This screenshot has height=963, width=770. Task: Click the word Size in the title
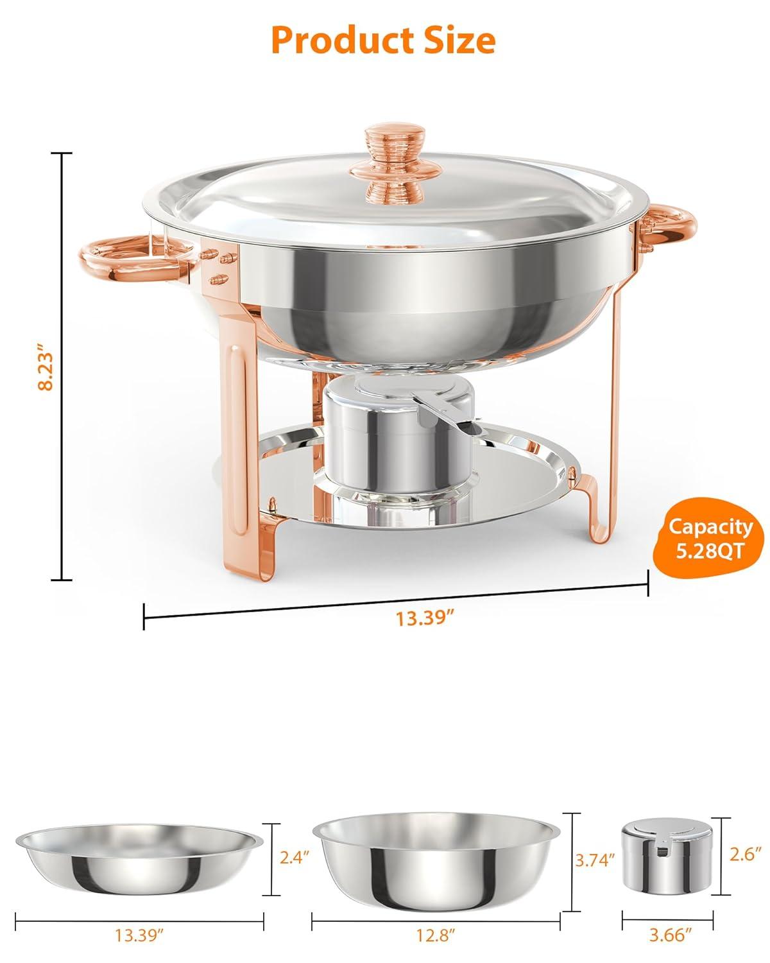click(455, 40)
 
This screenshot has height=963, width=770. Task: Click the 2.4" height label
click(296, 856)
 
